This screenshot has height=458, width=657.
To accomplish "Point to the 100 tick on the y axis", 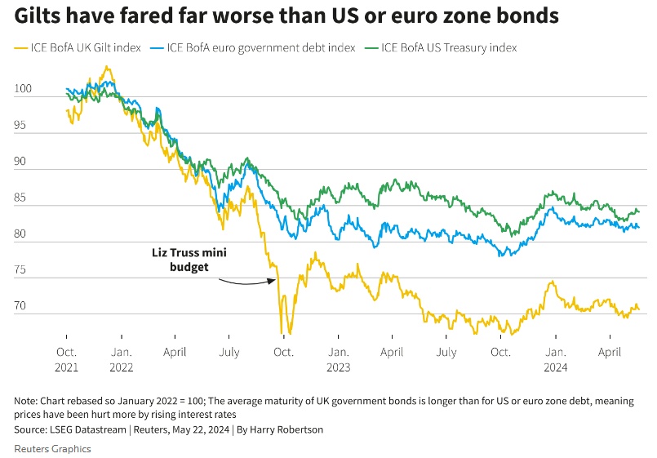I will (x=24, y=89).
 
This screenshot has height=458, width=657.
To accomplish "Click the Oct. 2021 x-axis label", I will (x=67, y=360).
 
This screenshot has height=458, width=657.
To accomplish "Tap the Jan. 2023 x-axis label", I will (x=338, y=360).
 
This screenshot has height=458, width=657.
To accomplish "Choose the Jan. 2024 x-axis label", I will (x=555, y=360).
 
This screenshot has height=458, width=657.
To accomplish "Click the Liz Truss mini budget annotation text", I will (x=190, y=260).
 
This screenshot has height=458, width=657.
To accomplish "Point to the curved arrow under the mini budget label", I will (x=246, y=282).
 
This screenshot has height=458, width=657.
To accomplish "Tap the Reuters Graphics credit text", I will (x=52, y=448).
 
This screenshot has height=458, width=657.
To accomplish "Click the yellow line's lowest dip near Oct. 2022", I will (x=281, y=332).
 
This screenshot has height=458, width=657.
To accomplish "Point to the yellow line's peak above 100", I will (x=106, y=68).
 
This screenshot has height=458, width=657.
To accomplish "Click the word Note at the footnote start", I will (x=26, y=401).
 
